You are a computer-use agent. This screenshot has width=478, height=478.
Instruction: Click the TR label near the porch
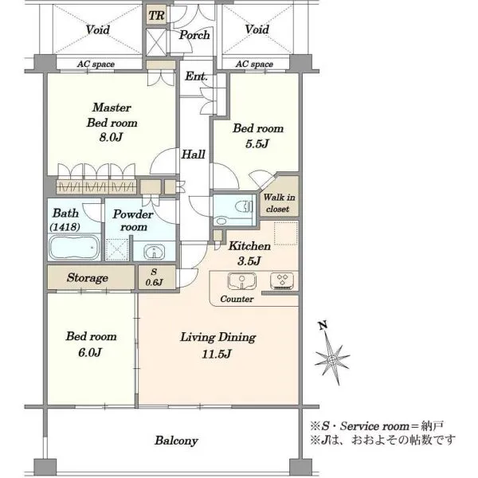coord(157,16)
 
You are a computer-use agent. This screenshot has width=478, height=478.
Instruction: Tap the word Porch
coord(194,35)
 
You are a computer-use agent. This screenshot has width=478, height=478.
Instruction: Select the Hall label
coord(194,155)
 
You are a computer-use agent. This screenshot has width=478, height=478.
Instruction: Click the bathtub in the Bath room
coord(74,247)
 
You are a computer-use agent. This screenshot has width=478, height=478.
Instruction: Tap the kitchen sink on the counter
coord(241,280)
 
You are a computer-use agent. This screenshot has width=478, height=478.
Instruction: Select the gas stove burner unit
coord(282,280)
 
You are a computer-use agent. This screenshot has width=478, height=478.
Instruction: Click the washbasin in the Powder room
coord(155,252)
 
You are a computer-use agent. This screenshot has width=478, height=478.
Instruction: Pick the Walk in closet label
coord(279,203)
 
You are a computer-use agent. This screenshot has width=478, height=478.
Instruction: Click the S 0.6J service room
coord(157,277)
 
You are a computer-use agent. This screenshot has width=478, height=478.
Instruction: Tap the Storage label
coord(88,278)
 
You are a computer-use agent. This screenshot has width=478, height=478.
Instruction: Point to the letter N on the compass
coord(323,325)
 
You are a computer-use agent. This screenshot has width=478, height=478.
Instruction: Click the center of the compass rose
coord(332,360)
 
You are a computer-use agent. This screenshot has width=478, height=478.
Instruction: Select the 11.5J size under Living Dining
coord(217,354)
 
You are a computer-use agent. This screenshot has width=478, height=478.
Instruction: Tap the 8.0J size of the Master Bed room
coord(111,138)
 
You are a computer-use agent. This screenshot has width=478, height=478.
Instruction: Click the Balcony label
coord(176,441)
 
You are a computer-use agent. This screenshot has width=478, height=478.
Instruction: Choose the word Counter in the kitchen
coord(237,299)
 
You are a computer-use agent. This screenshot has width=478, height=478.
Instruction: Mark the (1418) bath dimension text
coord(65,227)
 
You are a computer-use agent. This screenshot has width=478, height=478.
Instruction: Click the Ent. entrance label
coord(196,76)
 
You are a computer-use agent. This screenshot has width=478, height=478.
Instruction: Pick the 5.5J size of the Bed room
coord(257,143)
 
